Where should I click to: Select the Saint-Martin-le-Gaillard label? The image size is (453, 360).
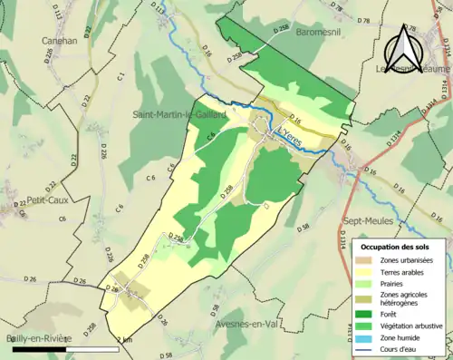coord(181,113)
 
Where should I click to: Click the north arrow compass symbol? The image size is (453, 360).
coord(404,44)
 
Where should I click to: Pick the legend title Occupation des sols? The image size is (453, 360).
coord(395,247)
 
